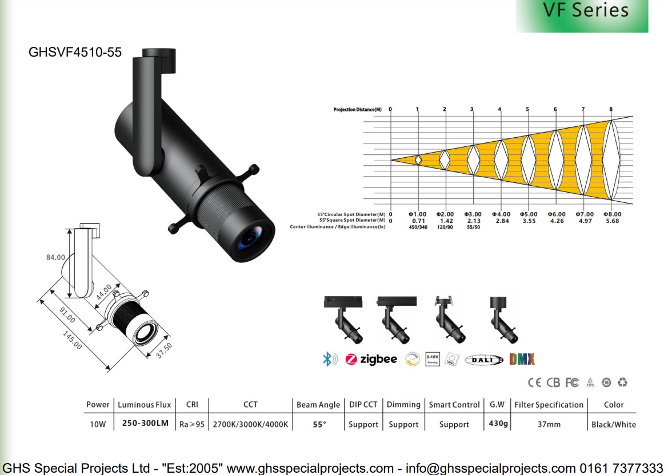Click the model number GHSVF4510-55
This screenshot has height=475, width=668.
click(x=75, y=52)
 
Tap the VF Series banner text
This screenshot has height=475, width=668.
click(x=585, y=10)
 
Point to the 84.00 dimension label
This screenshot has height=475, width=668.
click(x=55, y=258)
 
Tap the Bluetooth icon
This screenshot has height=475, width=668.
click(x=329, y=359)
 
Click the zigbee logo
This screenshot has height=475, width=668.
click(x=371, y=359)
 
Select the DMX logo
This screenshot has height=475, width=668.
click(x=522, y=359)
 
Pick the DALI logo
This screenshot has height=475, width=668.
click(x=484, y=360)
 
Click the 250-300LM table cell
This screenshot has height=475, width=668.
click(x=145, y=424)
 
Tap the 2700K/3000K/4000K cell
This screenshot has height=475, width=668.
click(x=250, y=425)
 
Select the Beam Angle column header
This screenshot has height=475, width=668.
click(x=318, y=405)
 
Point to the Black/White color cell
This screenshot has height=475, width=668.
click(x=613, y=425)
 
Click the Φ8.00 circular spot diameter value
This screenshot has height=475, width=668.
click(x=612, y=214)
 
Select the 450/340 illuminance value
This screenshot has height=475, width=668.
click(x=418, y=227)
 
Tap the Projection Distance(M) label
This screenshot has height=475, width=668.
click(x=357, y=109)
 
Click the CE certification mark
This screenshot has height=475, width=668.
click(x=534, y=382)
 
